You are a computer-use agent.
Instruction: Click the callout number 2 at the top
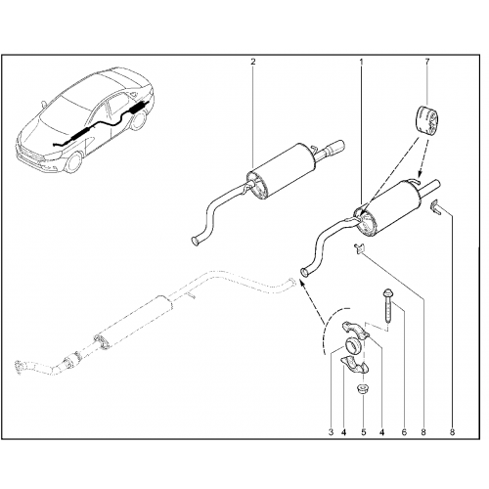pos(253,62)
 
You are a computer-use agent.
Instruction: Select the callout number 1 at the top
pos(361,62)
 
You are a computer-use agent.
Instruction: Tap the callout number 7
pos(427,61)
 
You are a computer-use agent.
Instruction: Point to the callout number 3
pos(331,432)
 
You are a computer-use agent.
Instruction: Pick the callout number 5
pos(364,432)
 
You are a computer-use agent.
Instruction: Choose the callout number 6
pos(404,432)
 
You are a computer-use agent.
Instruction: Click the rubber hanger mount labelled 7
pos(427,118)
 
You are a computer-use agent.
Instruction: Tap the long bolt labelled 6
pos(388,305)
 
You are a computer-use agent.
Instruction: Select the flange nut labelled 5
pos(362,389)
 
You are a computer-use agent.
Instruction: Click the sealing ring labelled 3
pos(352,346)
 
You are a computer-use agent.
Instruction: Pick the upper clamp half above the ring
pos(355,329)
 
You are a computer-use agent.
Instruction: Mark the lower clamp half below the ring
pos(354,365)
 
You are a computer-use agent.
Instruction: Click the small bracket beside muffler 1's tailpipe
pos(436,206)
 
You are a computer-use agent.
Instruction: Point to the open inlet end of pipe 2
pos(196,241)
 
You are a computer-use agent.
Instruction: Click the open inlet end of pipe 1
pos(304,272)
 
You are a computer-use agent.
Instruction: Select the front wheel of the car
pos(74,162)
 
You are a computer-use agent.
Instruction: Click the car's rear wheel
pos(139,120)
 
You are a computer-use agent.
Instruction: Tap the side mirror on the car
pos(43,105)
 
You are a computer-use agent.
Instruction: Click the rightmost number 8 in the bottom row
pos(453,432)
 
